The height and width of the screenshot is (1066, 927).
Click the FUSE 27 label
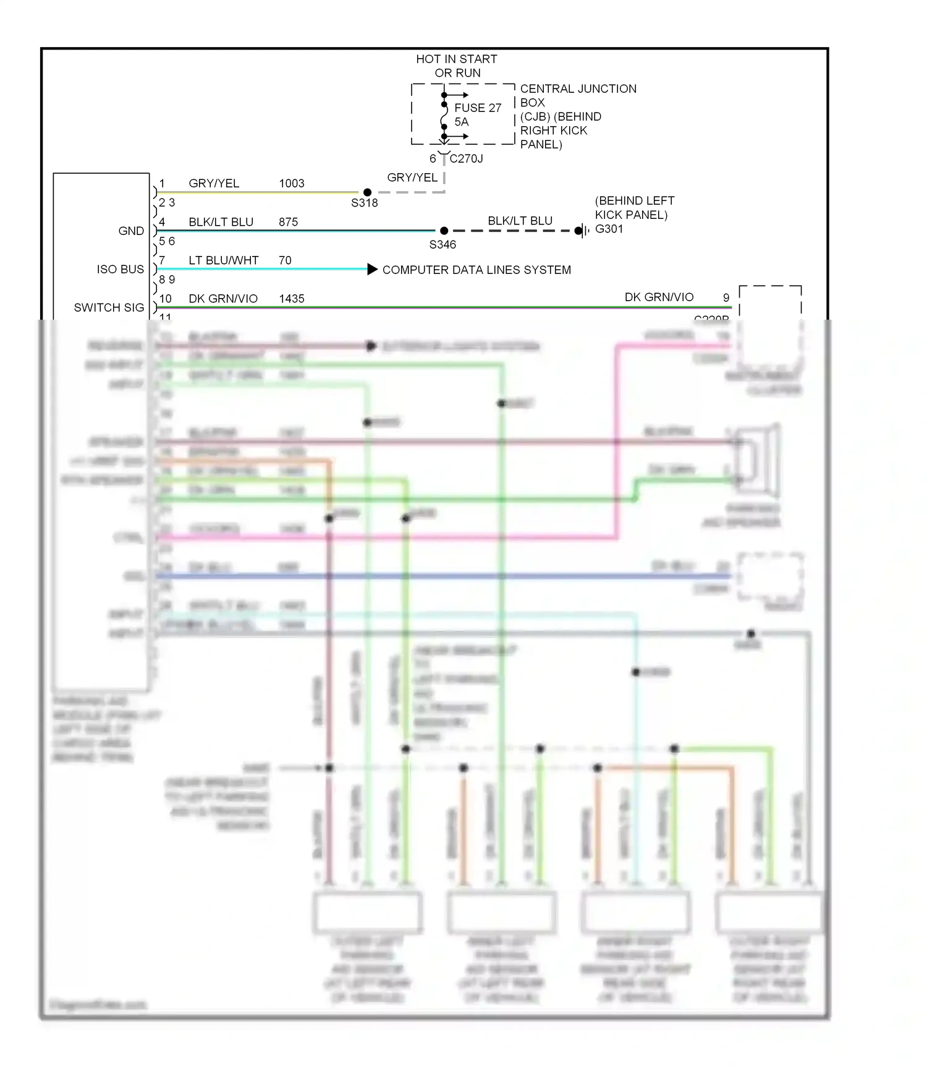coord(477,108)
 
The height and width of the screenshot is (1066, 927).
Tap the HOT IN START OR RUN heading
coord(456,66)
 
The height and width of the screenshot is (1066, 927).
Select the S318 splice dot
coord(367,192)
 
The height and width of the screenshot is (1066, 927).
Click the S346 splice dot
coord(444,231)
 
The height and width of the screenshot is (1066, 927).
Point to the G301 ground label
coord(609,229)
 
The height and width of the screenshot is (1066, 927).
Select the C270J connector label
coord(466,159)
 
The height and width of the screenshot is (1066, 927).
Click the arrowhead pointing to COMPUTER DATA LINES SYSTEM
coord(372,269)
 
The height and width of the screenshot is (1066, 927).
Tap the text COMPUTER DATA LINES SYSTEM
coord(476,270)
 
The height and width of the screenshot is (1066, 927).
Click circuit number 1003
coord(292,184)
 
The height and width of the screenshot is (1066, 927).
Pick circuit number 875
coord(288,222)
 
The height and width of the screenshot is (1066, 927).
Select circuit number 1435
coord(292,299)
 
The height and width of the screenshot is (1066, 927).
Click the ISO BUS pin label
coord(120,270)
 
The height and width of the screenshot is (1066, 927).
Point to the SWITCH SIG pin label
coord(109,308)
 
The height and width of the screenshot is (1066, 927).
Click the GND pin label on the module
coord(131,231)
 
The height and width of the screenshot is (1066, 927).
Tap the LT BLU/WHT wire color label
coord(223,260)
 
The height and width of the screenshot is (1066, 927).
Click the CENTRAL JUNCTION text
coord(578,89)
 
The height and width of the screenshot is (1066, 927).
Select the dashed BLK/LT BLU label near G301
coord(520,221)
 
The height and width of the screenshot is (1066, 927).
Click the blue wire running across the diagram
coord(433,576)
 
